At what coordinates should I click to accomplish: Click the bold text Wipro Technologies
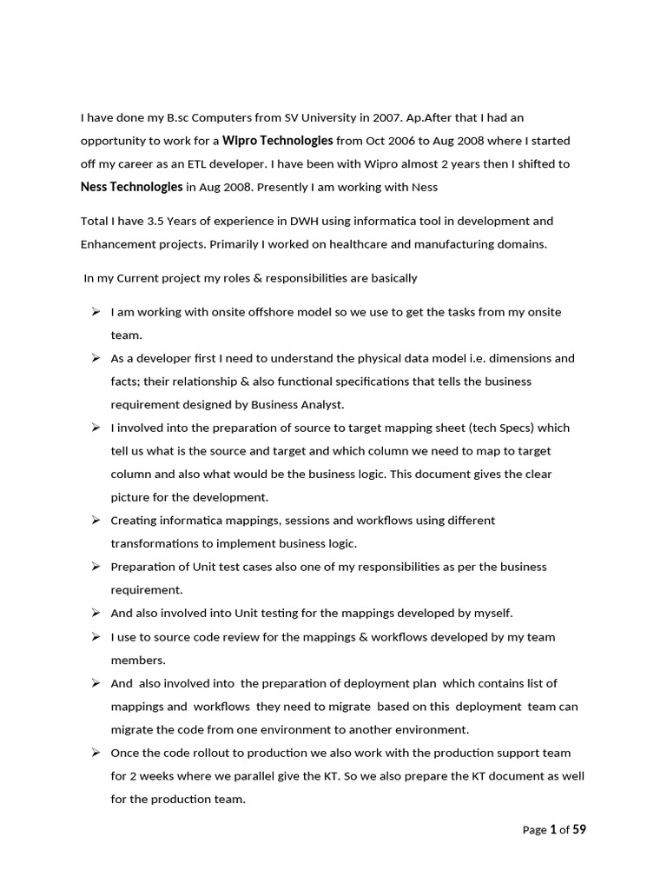click(278, 140)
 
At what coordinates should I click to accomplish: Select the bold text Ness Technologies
click(131, 186)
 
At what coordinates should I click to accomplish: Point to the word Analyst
click(323, 404)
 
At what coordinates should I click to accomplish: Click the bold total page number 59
click(579, 829)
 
